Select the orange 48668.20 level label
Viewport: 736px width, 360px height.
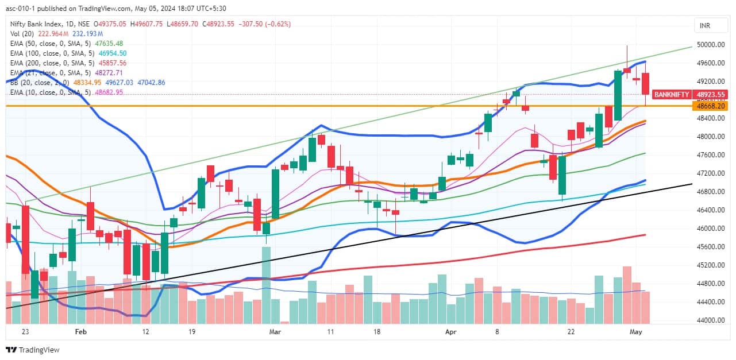(x=710, y=106)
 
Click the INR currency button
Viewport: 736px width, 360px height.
(x=704, y=26)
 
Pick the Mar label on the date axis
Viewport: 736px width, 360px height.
(x=275, y=332)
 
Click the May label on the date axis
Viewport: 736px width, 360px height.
(x=636, y=332)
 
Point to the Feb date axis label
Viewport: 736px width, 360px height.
(x=80, y=332)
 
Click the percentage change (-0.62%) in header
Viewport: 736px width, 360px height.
(x=278, y=24)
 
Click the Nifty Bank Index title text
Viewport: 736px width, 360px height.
(x=34, y=24)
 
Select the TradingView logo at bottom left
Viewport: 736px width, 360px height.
(x=33, y=350)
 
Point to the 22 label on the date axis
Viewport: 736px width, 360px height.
(x=571, y=332)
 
